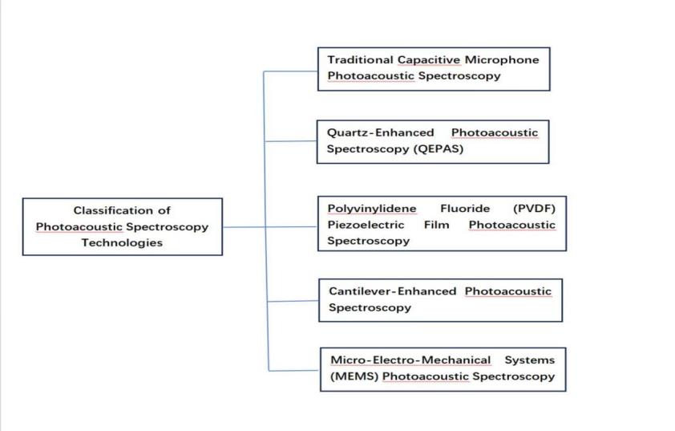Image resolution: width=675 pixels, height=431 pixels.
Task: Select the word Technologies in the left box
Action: tap(122, 242)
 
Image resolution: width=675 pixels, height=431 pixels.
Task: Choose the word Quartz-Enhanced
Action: tap(380, 132)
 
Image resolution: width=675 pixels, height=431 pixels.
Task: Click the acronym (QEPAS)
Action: tap(439, 149)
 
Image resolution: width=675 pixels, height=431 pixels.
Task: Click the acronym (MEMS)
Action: tap(353, 376)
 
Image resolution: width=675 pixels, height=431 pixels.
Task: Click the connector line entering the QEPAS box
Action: tap(290, 141)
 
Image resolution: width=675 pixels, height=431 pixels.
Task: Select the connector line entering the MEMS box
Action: tap(293, 370)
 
